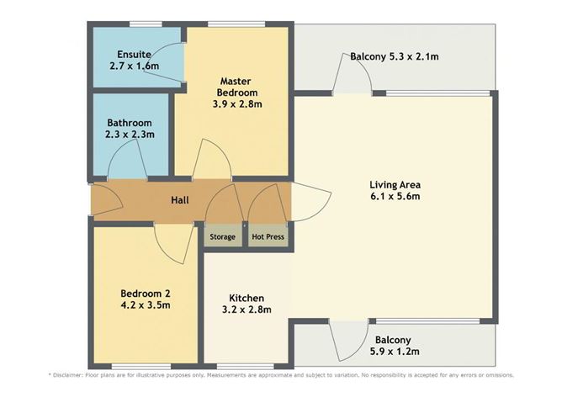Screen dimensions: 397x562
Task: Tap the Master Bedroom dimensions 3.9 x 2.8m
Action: [236, 104]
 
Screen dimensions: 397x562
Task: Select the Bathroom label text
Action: [123, 122]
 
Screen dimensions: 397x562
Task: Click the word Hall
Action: [179, 200]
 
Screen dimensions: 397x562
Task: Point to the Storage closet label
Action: [222, 237]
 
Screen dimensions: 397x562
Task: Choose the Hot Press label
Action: [268, 237]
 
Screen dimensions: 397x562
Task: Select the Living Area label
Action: [395, 184]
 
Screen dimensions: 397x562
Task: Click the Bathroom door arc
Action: [129, 161]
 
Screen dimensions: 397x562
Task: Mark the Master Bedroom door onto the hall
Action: [211, 161]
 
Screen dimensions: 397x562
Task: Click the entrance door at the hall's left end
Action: [105, 202]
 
